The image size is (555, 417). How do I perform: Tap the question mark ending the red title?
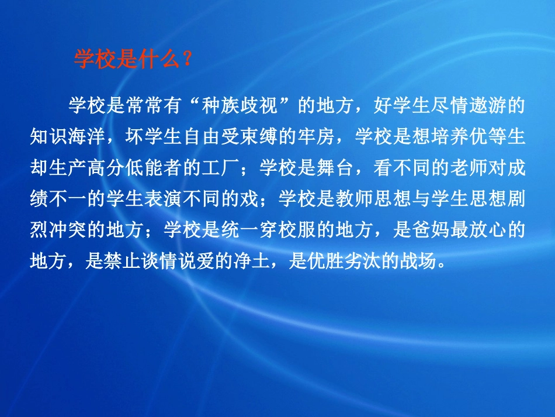click(x=186, y=59)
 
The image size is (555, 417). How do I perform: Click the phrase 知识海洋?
click(x=69, y=137)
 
